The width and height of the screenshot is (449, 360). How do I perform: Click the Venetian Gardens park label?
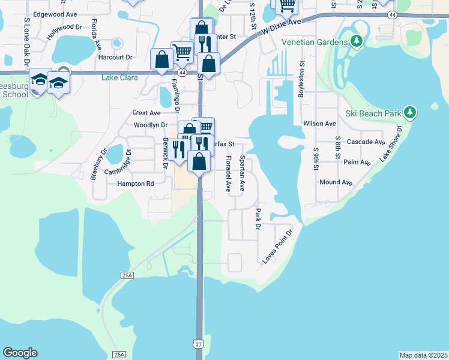coord(314,43)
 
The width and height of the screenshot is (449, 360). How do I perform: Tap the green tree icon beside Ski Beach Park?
coord(411,112)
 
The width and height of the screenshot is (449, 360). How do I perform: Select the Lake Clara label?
coord(119,77)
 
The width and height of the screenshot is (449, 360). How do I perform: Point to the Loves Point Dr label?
coord(277,247)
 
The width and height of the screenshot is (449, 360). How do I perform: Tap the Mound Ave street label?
coord(336,182)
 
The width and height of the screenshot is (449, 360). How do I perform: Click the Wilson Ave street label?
coord(319,124)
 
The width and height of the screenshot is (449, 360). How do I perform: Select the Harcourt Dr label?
coord(115,57)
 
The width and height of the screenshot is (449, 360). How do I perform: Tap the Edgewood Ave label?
coord(55,14)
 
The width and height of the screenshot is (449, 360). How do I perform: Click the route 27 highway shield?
coord(198,344)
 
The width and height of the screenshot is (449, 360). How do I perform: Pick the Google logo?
coord(20,353)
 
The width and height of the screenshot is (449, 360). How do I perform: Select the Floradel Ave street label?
coord(228,174)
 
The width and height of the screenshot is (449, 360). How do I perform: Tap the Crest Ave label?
coord(146,113)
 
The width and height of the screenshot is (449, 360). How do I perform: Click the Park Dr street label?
coord(258,219)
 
